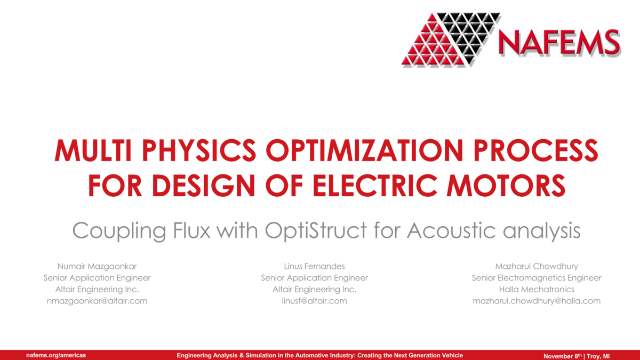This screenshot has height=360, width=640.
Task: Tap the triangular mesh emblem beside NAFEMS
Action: (x=451, y=38)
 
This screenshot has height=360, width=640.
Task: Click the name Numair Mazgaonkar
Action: (x=97, y=266)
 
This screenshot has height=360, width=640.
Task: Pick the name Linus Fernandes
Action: (x=314, y=266)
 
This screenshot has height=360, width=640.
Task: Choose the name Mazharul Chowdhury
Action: (x=537, y=266)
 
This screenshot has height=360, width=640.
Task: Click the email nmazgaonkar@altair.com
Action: (x=97, y=301)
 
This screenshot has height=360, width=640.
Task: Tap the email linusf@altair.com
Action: (x=314, y=301)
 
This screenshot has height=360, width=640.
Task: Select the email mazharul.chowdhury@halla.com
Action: (x=537, y=301)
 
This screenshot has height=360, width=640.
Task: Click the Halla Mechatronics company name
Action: (x=537, y=289)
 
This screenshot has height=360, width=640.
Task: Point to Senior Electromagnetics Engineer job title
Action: (x=537, y=278)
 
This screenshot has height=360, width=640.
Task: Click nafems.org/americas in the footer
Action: (x=56, y=355)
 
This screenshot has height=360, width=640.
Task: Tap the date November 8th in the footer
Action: (x=562, y=356)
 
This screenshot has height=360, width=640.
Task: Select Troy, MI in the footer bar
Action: (x=598, y=356)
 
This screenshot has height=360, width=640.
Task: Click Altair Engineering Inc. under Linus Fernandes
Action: (x=314, y=289)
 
